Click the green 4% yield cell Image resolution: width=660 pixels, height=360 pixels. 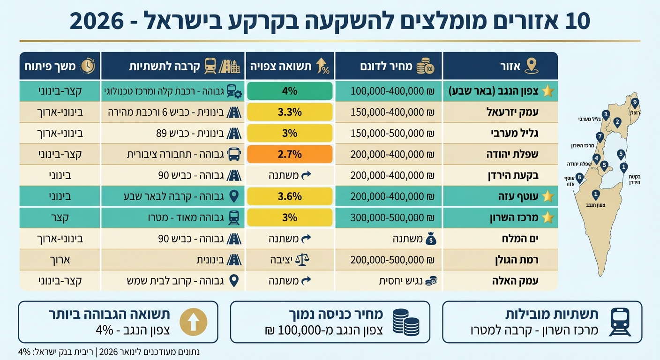(290, 90)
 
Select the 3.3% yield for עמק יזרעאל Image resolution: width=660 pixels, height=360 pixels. (290, 112)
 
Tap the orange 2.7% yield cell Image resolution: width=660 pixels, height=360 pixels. (290, 154)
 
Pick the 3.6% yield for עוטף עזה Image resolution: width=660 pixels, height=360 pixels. (290, 196)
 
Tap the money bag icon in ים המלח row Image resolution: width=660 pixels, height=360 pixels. (431, 239)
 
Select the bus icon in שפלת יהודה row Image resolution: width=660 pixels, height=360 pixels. (234, 154)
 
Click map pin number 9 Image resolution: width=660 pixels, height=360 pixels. (635, 103)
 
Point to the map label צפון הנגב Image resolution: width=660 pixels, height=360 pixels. (596, 205)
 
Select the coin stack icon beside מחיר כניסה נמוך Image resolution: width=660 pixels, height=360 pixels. (405, 322)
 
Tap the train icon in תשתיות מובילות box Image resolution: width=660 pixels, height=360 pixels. (620, 322)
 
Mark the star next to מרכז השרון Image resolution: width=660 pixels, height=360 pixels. (548, 217)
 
